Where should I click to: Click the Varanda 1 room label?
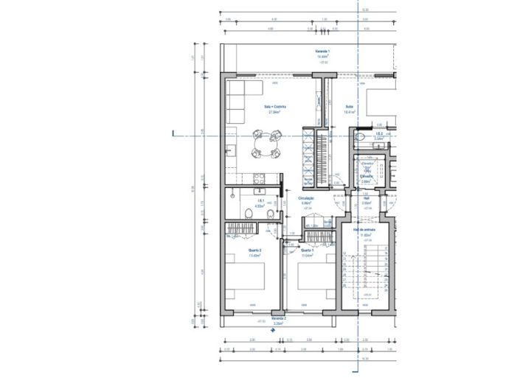pyautogui.click(x=322, y=51)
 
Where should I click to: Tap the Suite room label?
pyautogui.click(x=349, y=108)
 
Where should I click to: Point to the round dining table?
pyautogui.click(x=266, y=144)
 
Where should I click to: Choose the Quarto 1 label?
pyautogui.click(x=308, y=251)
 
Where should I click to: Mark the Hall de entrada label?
pyautogui.click(x=364, y=231)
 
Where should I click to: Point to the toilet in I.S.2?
pyautogui.click(x=361, y=137)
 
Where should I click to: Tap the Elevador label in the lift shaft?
pyautogui.click(x=365, y=177)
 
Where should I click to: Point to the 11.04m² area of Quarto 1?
pyautogui.click(x=308, y=256)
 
